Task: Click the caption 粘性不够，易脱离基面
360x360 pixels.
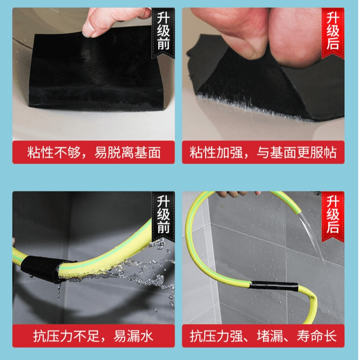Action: click(94, 153)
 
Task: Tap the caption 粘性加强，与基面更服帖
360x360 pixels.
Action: click(263, 153)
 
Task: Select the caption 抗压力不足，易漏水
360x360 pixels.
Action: click(93, 336)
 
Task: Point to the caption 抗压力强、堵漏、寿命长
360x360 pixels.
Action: click(263, 336)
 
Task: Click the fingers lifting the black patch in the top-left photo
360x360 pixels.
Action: click(115, 21)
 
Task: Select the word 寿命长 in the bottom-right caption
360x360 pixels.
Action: click(317, 336)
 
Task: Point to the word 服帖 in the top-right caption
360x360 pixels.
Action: click(324, 153)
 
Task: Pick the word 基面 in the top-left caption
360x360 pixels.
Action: click(147, 153)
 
